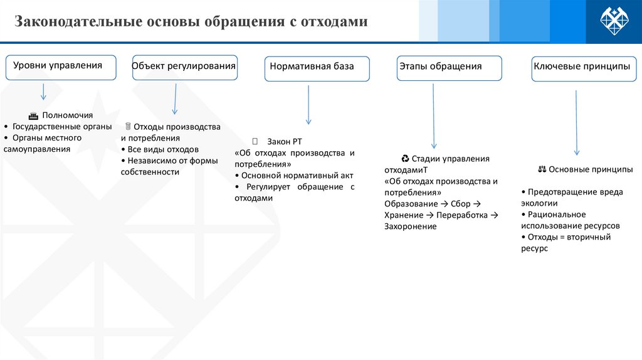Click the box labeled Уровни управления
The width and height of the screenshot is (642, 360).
(61, 67)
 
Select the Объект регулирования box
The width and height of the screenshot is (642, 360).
(184, 67)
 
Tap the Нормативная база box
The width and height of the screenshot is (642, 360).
(317, 68)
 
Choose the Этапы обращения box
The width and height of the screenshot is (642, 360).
(449, 68)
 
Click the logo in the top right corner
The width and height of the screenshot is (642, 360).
(614, 22)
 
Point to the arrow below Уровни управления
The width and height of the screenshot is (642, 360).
(43, 92)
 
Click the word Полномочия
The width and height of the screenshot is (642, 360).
(68, 115)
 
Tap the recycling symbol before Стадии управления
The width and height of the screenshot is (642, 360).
(405, 159)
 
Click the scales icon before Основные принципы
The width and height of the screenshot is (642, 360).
(542, 169)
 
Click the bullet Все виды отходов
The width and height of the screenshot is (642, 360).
(162, 149)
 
